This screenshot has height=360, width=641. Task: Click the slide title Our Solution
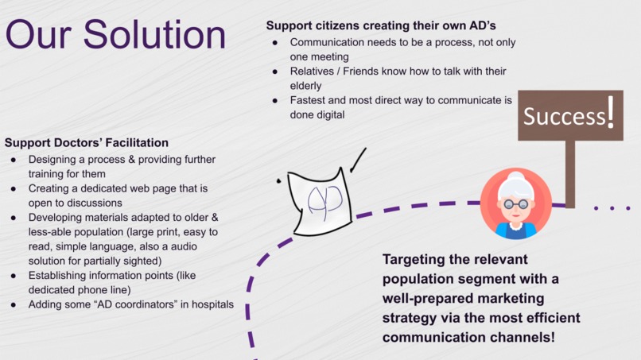[x=115, y=36]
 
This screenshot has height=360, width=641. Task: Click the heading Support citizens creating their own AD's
[x=381, y=26]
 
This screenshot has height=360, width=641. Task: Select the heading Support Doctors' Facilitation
[x=87, y=143]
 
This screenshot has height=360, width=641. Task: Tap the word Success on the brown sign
[x=564, y=118]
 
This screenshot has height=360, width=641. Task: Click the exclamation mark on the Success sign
[x=610, y=112]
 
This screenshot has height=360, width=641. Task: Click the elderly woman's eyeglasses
[x=515, y=204]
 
